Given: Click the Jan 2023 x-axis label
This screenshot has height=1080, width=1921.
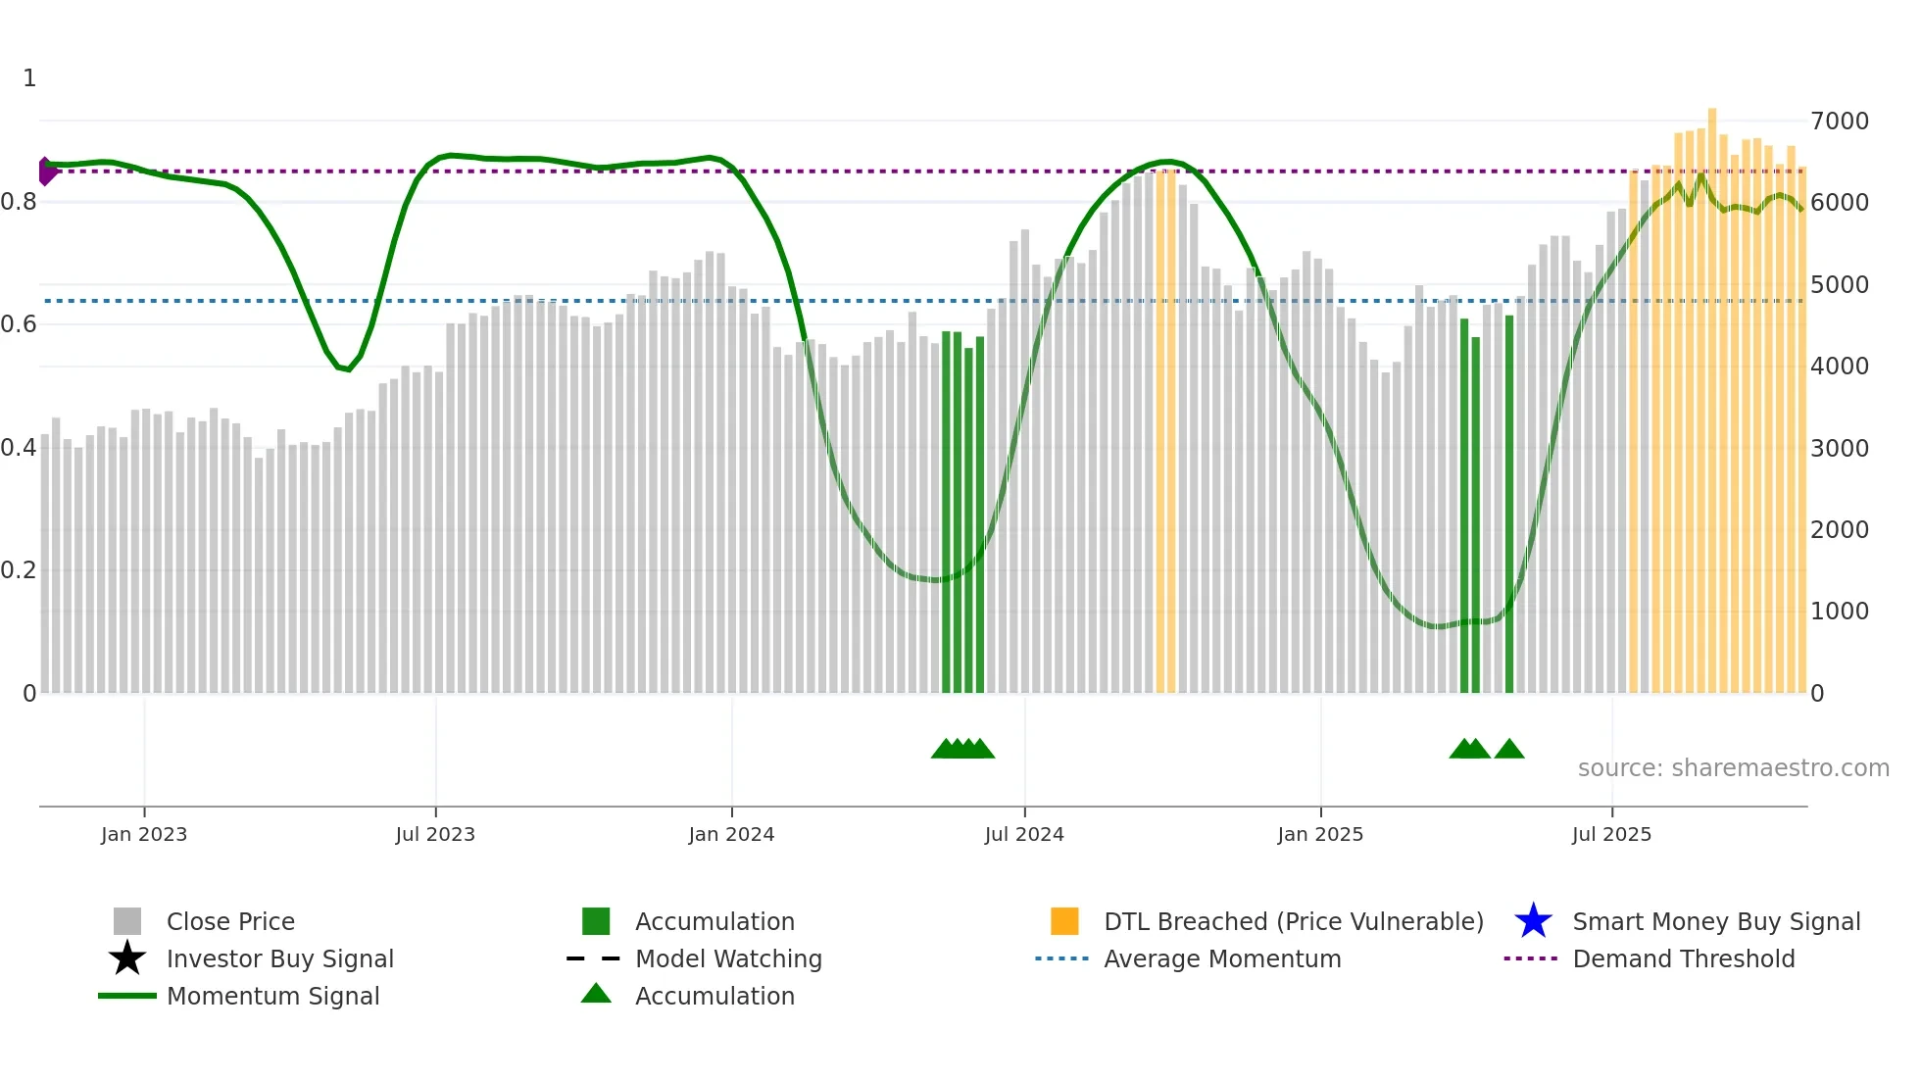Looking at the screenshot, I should pyautogui.click(x=144, y=834).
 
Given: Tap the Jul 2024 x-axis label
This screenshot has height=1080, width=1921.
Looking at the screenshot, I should pyautogui.click(x=1024, y=834).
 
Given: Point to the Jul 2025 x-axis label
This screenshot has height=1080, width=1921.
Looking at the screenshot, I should pyautogui.click(x=1611, y=834).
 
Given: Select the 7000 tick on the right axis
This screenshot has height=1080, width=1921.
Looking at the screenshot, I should pyautogui.click(x=1840, y=122).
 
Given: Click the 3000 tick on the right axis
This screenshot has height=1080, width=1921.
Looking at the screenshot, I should pyautogui.click(x=1840, y=448).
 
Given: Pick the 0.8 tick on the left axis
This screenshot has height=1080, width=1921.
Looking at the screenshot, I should pyautogui.click(x=19, y=202).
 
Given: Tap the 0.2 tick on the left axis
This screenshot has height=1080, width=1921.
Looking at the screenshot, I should pyautogui.click(x=19, y=570).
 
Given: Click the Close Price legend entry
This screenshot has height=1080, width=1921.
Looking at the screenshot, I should pyautogui.click(x=230, y=921).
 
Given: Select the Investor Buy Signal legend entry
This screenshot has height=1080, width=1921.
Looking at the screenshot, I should pyautogui.click(x=279, y=958).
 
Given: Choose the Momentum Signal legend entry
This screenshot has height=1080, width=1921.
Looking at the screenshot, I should pyautogui.click(x=272, y=996).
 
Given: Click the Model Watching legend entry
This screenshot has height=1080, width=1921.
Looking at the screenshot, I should pyautogui.click(x=728, y=958).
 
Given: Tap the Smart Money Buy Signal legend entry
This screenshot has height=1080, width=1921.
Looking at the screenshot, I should pyautogui.click(x=1716, y=921).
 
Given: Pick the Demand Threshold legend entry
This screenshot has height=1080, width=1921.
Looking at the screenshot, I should pyautogui.click(x=1683, y=958).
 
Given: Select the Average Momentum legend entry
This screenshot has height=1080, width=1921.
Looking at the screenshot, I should pyautogui.click(x=1222, y=958).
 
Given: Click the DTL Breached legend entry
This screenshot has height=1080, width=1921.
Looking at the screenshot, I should pyautogui.click(x=1293, y=921).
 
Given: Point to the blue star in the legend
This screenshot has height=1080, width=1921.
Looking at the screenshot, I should pyautogui.click(x=1533, y=921).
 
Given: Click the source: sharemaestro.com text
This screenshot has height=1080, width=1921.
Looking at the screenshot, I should pyautogui.click(x=1733, y=767).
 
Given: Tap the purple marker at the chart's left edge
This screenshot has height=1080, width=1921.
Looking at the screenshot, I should pyautogui.click(x=46, y=172).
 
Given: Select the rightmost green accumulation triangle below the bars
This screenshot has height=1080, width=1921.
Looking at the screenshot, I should pyautogui.click(x=1509, y=750).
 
